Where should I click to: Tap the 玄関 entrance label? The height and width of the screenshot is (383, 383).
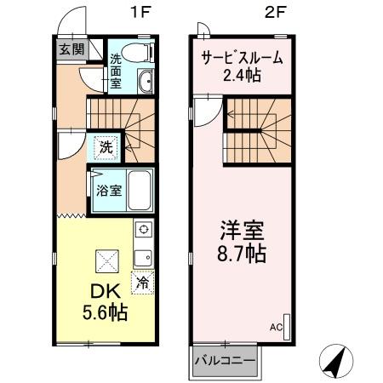pos(71,49)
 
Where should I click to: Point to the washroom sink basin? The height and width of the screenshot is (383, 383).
pos(144,83)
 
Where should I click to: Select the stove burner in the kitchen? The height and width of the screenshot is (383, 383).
pos(142,230)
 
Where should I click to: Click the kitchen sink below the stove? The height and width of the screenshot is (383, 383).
pos(142,255)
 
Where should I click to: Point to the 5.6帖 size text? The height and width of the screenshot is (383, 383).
pos(104,313)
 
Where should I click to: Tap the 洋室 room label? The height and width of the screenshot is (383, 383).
pos(243,230)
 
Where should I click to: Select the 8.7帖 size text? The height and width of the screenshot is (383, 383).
pos(243,254)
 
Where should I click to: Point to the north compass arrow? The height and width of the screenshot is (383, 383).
pos(334,361)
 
